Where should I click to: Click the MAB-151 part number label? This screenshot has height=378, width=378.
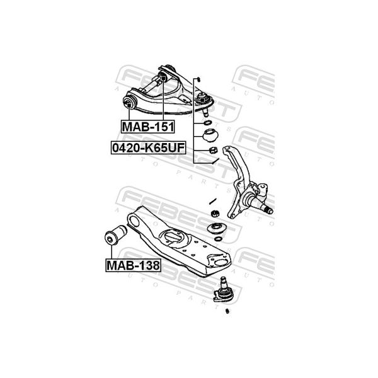click(148, 127)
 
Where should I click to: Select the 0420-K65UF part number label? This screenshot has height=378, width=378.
click(149, 148)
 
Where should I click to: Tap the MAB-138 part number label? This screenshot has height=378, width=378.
click(133, 265)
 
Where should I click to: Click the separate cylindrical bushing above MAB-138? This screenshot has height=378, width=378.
click(116, 235)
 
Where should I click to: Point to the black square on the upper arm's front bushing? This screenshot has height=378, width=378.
click(129, 105)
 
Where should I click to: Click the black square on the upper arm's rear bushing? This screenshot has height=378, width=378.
click(163, 78)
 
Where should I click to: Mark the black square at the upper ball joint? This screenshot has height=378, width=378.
click(202, 99)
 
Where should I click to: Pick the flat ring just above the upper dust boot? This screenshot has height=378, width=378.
click(207, 123)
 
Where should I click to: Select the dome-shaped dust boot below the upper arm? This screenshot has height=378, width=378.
click(210, 136)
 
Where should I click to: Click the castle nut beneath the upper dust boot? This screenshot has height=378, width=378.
click(213, 151)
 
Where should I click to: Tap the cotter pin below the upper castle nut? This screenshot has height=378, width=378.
click(215, 161)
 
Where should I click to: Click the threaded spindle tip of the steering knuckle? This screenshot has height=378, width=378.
click(268, 210)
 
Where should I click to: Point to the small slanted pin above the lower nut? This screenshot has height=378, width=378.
click(214, 201)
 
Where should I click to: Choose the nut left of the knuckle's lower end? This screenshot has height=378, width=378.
click(215, 214)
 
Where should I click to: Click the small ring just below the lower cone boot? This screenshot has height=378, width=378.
click(218, 239)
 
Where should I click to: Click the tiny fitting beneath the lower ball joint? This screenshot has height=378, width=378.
click(227, 311)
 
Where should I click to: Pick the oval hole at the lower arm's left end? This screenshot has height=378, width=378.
click(134, 221)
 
